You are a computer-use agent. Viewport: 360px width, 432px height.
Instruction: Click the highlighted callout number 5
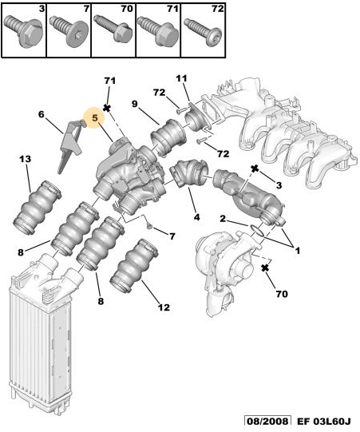click(94, 118)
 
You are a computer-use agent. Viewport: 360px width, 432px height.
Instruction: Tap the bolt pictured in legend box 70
click(113, 29)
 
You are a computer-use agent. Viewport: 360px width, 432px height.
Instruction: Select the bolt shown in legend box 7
click(67, 31)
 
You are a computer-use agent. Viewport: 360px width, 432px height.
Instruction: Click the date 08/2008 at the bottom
click(267, 421)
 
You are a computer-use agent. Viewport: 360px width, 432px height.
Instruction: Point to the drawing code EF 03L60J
click(324, 421)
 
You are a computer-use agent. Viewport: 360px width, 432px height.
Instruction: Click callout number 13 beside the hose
click(25, 159)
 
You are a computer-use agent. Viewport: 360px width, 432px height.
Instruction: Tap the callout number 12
click(164, 307)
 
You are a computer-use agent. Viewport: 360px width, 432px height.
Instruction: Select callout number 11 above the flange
click(181, 78)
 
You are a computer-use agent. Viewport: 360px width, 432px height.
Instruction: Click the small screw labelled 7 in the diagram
click(149, 226)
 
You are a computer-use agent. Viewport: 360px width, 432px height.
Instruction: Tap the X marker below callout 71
click(107, 108)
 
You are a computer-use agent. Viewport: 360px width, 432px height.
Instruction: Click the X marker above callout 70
click(265, 268)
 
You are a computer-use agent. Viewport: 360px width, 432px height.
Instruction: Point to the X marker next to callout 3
click(255, 168)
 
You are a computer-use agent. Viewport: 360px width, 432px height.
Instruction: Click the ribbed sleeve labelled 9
click(168, 137)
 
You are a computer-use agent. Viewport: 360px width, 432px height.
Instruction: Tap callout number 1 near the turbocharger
click(297, 251)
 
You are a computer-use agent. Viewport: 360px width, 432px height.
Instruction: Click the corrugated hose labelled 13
click(37, 206)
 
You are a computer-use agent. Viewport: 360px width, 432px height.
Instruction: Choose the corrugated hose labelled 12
click(133, 266)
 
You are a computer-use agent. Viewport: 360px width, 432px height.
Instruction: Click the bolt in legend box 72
click(204, 32)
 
